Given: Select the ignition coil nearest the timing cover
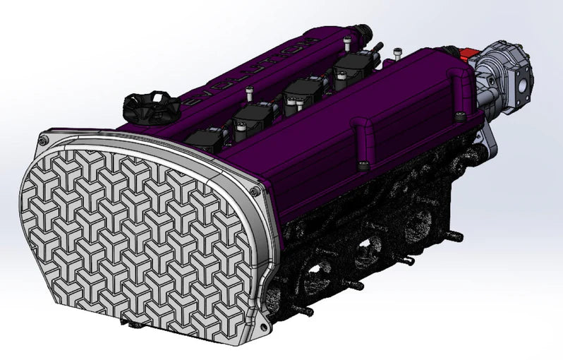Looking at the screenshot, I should pos(209,137).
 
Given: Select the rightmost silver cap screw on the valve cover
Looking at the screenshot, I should pos(399,51).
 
